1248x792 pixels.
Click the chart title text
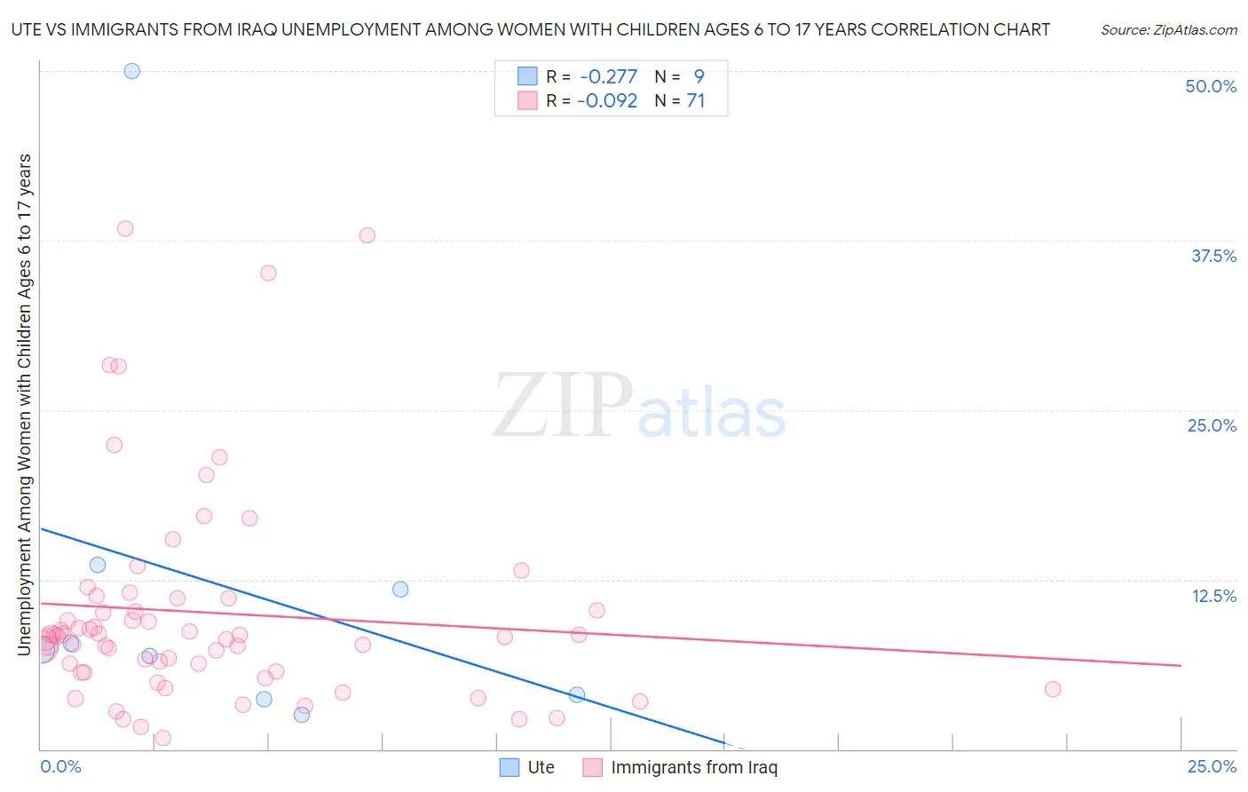[530, 29]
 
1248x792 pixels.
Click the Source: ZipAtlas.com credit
[1168, 29]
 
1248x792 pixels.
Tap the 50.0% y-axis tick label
[1211, 86]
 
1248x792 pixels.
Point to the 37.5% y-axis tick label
[1213, 256]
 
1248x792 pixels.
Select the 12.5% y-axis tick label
[1213, 596]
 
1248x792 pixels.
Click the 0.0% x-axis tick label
[60, 767]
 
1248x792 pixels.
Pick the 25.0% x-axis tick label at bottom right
[1212, 767]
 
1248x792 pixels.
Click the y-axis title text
[24, 405]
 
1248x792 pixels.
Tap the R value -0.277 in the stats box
[608, 77]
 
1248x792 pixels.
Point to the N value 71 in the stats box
[695, 101]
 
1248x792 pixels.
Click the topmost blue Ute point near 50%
[132, 71]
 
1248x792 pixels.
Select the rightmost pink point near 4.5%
[1053, 689]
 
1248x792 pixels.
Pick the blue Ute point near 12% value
[400, 590]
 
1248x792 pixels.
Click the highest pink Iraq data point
[125, 229]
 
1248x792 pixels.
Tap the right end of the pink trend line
[1181, 665]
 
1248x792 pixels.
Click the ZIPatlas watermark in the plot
[639, 407]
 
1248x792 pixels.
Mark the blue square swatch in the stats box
[527, 77]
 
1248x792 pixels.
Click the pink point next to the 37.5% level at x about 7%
[367, 235]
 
